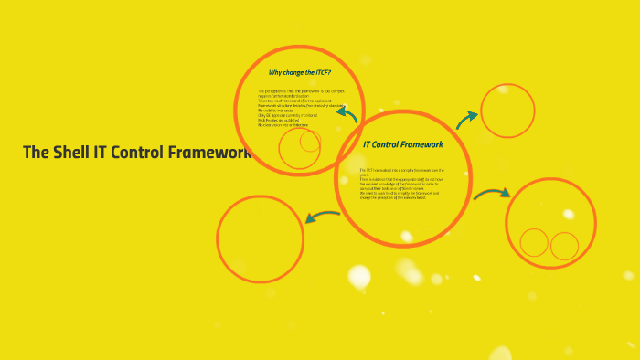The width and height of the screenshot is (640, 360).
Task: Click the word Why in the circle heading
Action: pos(276,72)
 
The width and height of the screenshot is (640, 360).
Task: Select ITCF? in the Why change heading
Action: pos(321,72)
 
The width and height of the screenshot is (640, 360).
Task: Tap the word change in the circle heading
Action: pos(297,72)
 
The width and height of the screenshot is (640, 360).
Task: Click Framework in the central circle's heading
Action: pos(421,144)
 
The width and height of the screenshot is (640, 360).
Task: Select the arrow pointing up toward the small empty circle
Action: pos(466,120)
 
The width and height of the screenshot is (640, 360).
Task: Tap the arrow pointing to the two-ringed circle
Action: pos(492,194)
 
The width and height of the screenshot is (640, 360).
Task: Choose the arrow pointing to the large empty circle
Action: pos(322,217)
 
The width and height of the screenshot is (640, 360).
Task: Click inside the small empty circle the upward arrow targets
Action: pos(507,111)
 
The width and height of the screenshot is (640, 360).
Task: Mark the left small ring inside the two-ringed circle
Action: pos(534,242)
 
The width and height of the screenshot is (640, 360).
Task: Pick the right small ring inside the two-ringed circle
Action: pos(564,246)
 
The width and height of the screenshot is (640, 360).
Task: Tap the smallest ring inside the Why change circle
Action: pos(311,141)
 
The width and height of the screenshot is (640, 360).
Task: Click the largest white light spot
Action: pos(359,276)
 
